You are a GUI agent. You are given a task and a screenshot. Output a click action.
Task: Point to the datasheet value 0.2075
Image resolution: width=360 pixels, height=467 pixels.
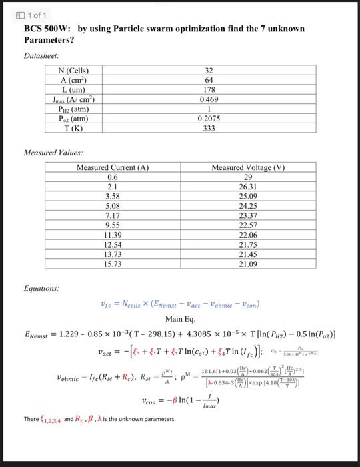pyautogui.click(x=209, y=119)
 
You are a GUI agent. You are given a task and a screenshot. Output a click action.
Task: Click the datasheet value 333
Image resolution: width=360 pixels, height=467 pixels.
pyautogui.click(x=209, y=128)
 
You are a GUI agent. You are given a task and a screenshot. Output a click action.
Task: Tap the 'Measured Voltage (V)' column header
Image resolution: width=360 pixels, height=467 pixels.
pyautogui.click(x=248, y=169)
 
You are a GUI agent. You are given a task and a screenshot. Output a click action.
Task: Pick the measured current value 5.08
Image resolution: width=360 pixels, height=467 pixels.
pyautogui.click(x=112, y=207)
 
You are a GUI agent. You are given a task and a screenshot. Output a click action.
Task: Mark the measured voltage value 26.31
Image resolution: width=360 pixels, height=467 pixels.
pyautogui.click(x=248, y=187)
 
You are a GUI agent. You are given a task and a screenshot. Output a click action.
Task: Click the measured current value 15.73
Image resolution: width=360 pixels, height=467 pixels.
pyautogui.click(x=112, y=264)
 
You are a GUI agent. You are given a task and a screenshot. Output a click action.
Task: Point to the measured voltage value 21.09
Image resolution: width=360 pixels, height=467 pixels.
pyautogui.click(x=248, y=264)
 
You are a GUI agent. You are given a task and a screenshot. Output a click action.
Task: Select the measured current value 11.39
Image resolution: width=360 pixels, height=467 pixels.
pyautogui.click(x=112, y=236)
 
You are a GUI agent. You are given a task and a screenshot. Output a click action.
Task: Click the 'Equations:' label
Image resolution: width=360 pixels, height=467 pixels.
pyautogui.click(x=41, y=290)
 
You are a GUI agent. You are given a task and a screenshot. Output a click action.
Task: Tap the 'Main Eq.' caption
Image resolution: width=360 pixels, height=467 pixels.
pyautogui.click(x=179, y=319)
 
